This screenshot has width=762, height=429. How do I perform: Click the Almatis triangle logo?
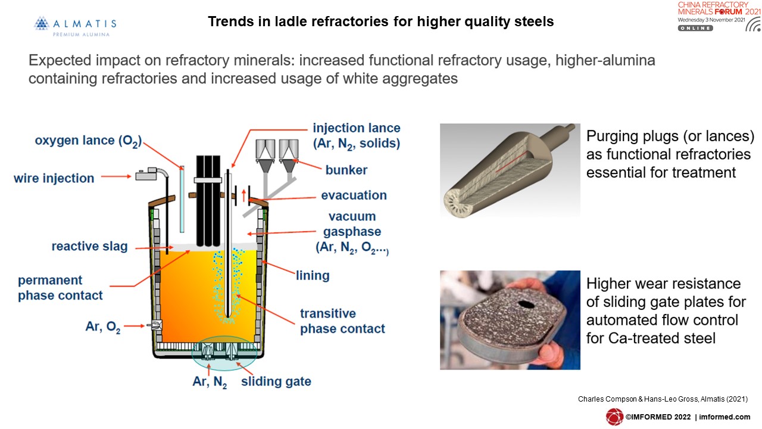click(42, 23)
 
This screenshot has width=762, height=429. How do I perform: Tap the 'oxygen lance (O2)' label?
click(88, 141)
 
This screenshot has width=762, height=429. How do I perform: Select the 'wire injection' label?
click(54, 178)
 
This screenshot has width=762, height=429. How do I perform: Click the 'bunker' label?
click(346, 170)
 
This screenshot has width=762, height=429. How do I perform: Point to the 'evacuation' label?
click(354, 195)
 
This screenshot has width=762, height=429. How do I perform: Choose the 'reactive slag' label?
click(89, 246)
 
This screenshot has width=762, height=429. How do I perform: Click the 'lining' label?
click(313, 275)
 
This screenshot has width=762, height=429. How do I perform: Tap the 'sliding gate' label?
click(276, 381)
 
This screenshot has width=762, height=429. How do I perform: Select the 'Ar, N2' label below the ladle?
click(210, 382)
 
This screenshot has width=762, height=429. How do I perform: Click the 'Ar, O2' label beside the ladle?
click(103, 327)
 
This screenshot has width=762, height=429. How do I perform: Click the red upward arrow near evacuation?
click(243, 196)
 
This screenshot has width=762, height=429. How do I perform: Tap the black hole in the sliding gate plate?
click(526, 304)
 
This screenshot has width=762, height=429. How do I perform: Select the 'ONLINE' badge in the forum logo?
click(695, 28)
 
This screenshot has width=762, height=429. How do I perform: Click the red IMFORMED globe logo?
click(614, 416)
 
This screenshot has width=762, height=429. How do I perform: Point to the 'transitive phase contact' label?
click(342, 321)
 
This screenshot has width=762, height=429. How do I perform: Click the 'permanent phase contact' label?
click(60, 288)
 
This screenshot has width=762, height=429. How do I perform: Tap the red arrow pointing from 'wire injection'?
click(116, 176)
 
